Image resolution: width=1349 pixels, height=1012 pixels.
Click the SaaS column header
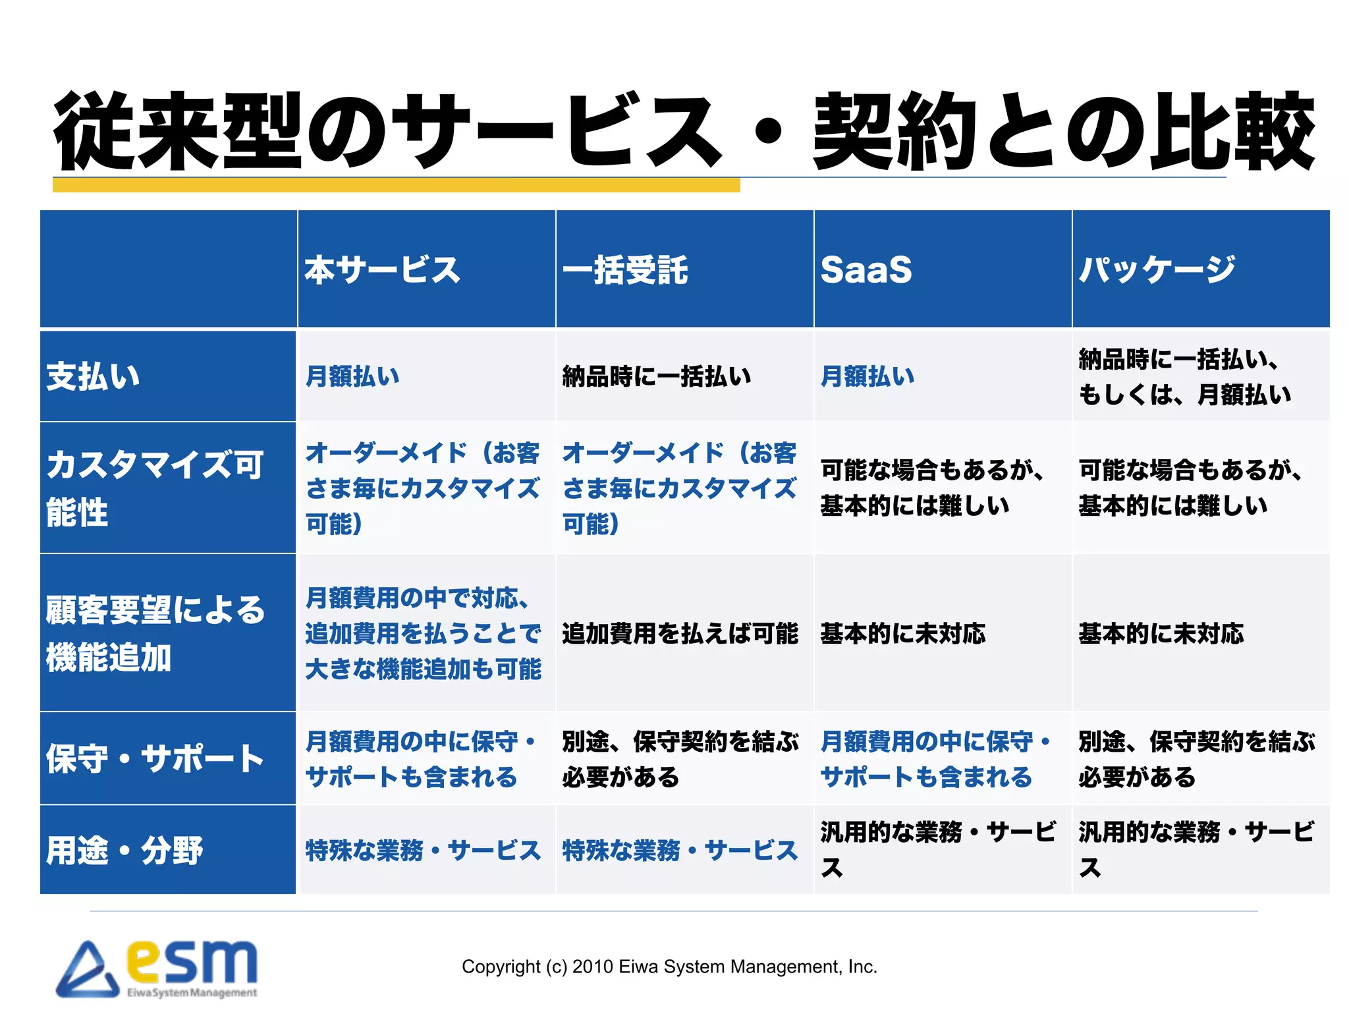click(866, 270)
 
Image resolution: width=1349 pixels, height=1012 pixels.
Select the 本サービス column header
click(382, 270)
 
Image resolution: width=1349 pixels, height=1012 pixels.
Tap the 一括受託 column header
click(625, 270)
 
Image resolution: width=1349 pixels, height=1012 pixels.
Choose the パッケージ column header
click(1157, 270)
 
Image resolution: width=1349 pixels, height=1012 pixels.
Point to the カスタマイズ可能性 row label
click(154, 488)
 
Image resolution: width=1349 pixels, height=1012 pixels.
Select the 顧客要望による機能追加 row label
click(155, 633)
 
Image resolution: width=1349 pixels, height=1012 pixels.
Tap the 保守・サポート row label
click(155, 759)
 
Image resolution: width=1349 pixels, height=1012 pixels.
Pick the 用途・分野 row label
click(124, 851)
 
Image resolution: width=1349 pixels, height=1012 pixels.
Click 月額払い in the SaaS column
click(867, 377)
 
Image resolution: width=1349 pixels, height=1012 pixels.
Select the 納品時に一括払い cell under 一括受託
click(657, 377)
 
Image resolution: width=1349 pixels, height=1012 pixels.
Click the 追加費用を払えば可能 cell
click(680, 634)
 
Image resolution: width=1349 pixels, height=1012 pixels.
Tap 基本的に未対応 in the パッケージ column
click(1161, 634)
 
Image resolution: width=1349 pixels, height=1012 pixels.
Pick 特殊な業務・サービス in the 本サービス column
click(423, 851)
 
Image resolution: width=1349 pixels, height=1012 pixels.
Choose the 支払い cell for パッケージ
click(1184, 377)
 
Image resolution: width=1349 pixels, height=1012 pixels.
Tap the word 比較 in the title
click(1232, 132)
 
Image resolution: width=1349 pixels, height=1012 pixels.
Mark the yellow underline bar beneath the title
click(396, 185)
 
